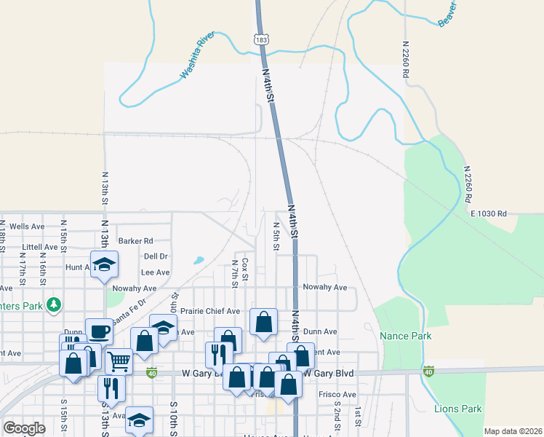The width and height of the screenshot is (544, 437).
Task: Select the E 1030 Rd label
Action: (488, 213)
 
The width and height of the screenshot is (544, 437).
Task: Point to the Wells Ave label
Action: (27, 227)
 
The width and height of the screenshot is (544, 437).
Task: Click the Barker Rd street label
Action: (136, 240)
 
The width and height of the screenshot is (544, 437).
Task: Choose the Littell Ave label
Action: (40, 247)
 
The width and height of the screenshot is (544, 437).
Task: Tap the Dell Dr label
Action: (156, 256)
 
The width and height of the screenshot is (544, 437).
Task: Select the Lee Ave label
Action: (154, 272)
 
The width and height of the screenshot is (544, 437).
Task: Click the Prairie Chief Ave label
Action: (210, 311)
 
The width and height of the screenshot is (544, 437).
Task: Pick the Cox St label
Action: (245, 269)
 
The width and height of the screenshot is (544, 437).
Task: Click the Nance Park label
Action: (406, 336)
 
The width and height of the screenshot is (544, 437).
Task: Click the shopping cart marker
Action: (119, 360)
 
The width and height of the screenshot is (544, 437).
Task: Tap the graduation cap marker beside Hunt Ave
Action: (104, 264)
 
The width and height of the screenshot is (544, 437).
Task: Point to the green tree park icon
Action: (53, 304)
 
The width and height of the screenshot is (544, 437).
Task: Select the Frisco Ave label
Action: (337, 395)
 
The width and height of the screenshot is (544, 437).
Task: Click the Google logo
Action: (24, 428)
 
